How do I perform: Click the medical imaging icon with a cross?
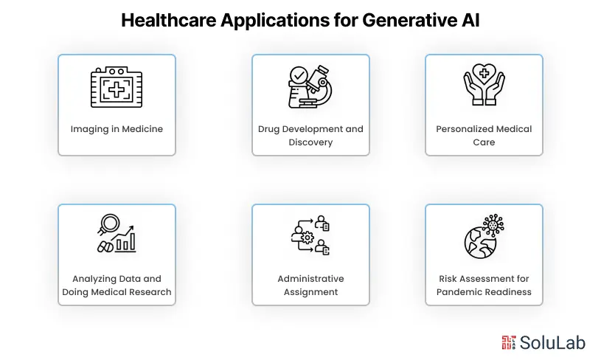[117, 88]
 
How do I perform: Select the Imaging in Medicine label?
[117, 129]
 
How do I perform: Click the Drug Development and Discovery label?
[310, 136]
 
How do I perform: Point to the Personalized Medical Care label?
[484, 136]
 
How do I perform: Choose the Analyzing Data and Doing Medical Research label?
[117, 285]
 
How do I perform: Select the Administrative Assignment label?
[310, 285]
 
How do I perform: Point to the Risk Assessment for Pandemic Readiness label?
[484, 285]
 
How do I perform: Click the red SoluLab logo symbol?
[508, 342]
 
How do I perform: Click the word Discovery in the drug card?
[310, 142]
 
